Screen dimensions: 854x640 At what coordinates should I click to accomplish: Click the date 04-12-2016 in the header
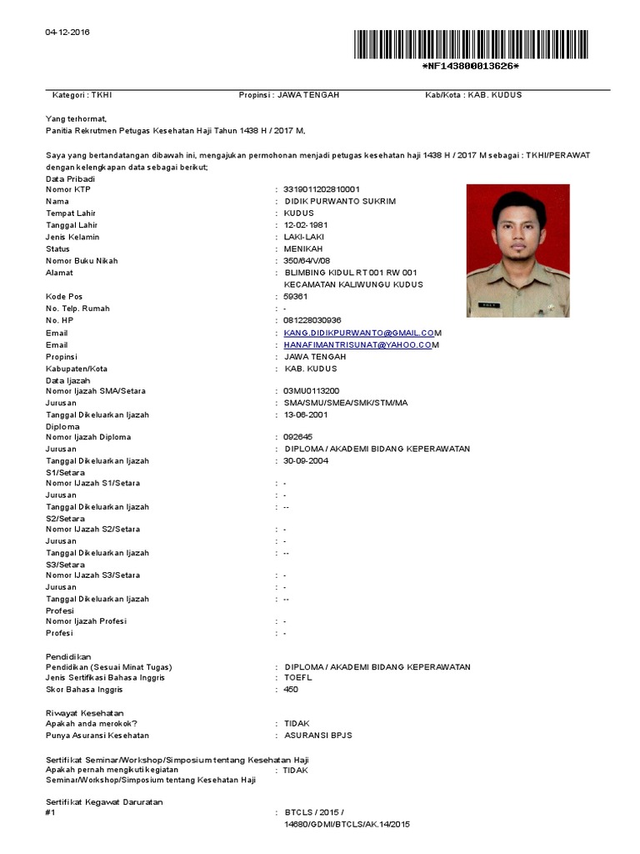pyautogui.click(x=67, y=33)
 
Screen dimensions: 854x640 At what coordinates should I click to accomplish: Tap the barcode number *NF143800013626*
pyautogui.click(x=470, y=66)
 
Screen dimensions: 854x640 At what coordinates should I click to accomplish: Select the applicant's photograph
pyautogui.click(x=517, y=251)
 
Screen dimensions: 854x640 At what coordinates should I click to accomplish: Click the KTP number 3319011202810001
pyautogui.click(x=322, y=189)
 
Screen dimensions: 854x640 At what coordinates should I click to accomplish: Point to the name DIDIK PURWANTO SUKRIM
pyautogui.click(x=340, y=202)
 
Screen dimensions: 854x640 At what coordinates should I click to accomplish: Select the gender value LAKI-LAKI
pyautogui.click(x=303, y=238)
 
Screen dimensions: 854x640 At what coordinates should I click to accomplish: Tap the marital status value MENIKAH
pyautogui.click(x=302, y=249)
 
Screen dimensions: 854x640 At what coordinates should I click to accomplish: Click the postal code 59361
pyautogui.click(x=296, y=297)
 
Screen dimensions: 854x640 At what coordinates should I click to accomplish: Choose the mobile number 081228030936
pyautogui.click(x=312, y=320)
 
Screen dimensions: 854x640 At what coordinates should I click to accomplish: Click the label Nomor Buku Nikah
pyautogui.click(x=82, y=261)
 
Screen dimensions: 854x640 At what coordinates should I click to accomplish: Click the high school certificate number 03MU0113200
pyautogui.click(x=311, y=390)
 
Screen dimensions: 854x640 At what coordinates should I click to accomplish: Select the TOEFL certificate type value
pyautogui.click(x=298, y=678)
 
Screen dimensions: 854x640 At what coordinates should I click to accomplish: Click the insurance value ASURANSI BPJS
pyautogui.click(x=318, y=736)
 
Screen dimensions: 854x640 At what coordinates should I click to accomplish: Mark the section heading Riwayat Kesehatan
pyautogui.click(x=84, y=714)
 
